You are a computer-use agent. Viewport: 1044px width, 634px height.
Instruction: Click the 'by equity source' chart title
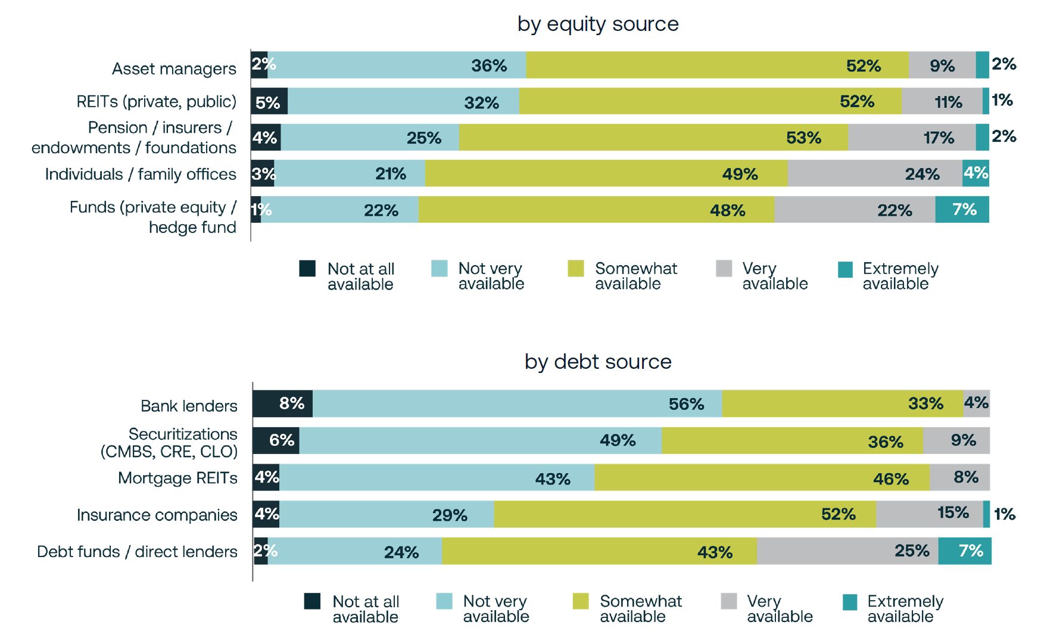coord(597,24)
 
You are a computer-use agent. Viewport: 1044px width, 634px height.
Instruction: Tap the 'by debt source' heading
coord(597,362)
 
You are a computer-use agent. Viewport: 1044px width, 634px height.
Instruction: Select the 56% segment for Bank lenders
coord(517,404)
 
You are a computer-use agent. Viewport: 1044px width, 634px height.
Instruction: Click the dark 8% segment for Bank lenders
coord(282,404)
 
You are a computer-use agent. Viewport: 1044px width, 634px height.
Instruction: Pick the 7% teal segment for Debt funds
coord(964,551)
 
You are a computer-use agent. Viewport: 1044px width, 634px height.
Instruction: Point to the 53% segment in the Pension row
coord(653,138)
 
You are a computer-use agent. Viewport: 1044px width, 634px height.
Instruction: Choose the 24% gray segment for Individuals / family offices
coord(874,173)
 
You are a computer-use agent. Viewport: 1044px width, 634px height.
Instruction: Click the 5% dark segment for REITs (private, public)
coord(269,101)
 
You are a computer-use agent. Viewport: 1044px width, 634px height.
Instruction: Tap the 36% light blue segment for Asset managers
coord(397,65)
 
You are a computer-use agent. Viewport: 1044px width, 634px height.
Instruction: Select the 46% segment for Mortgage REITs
coord(762,477)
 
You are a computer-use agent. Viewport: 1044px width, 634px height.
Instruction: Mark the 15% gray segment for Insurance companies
coord(929,514)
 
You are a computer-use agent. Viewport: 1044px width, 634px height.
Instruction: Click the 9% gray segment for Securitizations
coord(956,441)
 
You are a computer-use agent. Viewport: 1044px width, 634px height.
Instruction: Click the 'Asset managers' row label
coord(174,69)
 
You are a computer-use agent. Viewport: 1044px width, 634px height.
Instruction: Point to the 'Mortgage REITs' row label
coord(177,478)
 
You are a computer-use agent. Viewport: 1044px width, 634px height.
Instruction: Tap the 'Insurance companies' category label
coord(157,515)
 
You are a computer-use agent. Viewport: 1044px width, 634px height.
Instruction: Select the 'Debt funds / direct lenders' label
coord(137,552)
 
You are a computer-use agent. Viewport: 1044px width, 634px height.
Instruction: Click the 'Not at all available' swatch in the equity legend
coord(307,269)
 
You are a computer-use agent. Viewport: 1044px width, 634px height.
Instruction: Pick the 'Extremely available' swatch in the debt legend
coord(850,602)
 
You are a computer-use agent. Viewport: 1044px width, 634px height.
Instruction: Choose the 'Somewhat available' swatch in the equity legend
coord(575,269)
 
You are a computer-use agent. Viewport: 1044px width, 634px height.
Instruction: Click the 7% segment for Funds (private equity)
coord(962,210)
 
